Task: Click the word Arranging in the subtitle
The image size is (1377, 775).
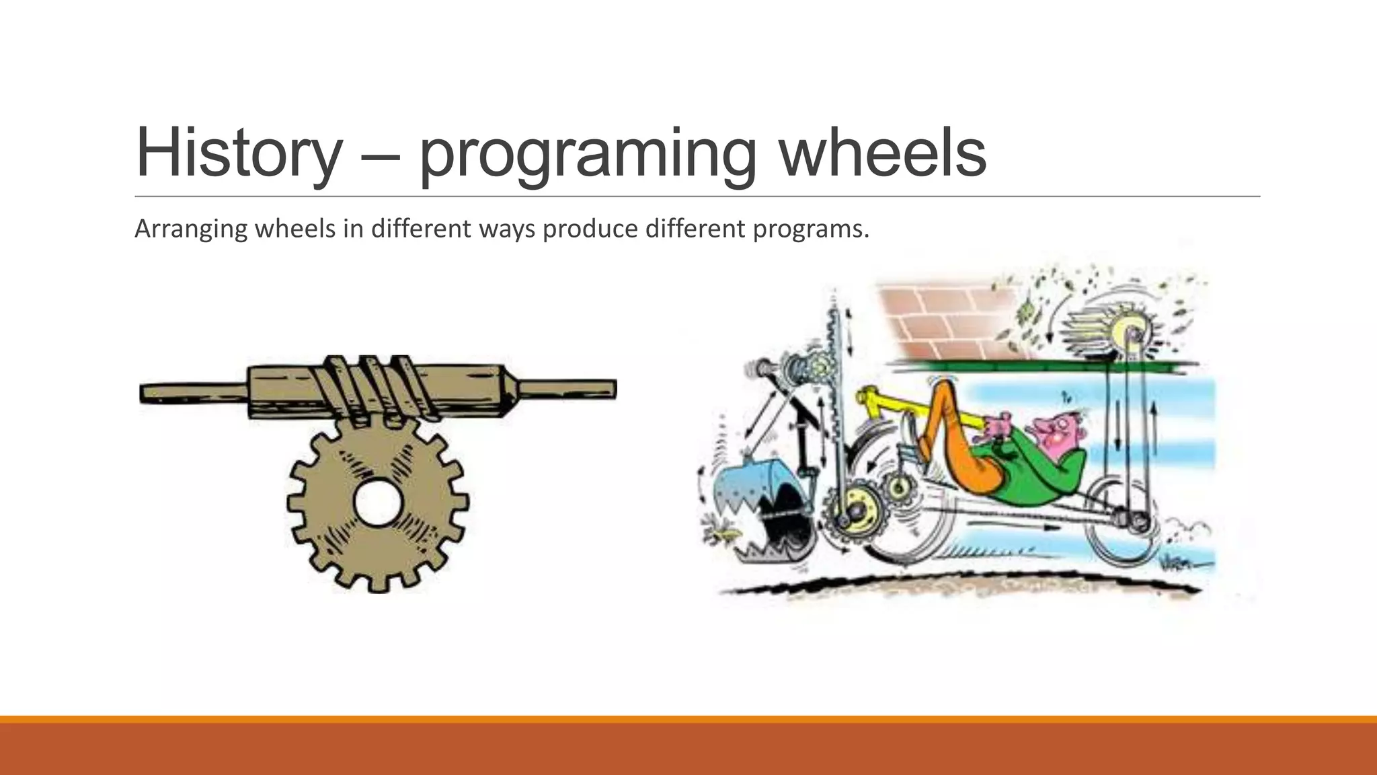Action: tap(191, 229)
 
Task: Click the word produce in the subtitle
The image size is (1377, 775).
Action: tap(590, 229)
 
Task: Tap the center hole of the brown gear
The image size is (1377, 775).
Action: tap(377, 503)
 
